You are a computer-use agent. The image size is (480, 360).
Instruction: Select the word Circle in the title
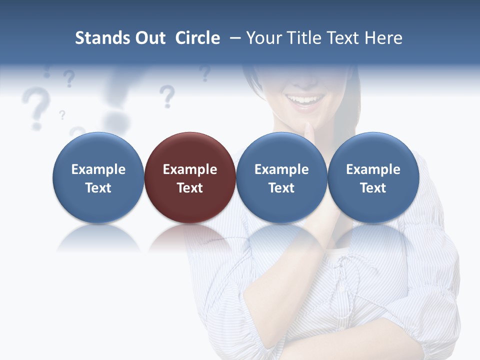click(x=197, y=38)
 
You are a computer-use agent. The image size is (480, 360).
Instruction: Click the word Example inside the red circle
click(x=190, y=169)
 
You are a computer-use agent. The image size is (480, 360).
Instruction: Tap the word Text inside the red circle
click(x=190, y=188)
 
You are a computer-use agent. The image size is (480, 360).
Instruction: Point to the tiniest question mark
click(x=62, y=115)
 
